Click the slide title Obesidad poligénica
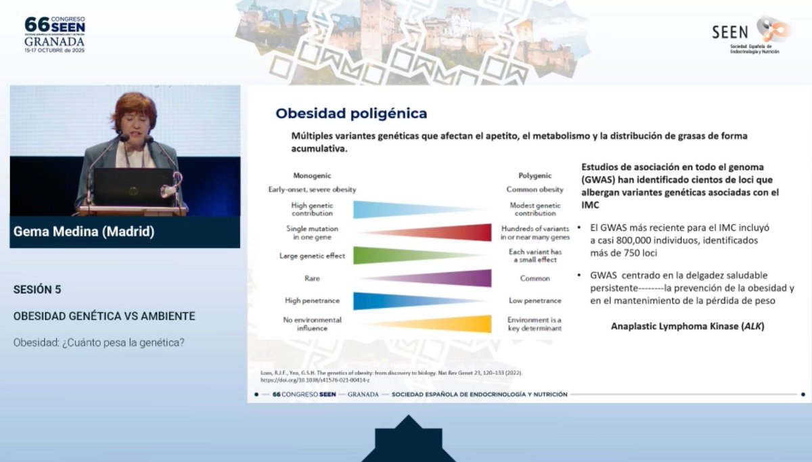click(351, 113)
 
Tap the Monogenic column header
click(311, 175)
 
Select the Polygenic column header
click(535, 175)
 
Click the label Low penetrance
click(535, 301)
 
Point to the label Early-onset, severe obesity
click(311, 190)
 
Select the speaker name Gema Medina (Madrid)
click(84, 232)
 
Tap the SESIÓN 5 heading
click(37, 290)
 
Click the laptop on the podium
click(133, 187)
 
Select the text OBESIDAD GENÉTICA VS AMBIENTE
click(104, 316)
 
